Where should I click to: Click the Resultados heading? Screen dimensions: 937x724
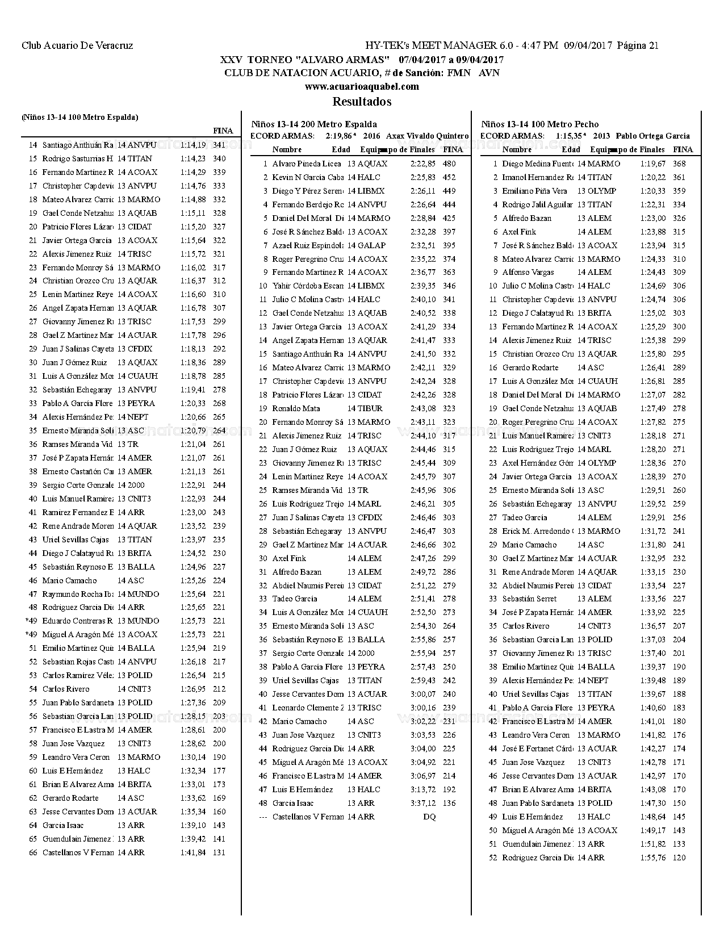[362, 102]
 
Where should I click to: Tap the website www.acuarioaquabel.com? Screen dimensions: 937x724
[362, 86]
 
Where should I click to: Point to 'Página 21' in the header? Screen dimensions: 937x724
[638, 46]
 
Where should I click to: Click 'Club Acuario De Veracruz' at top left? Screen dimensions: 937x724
[77, 46]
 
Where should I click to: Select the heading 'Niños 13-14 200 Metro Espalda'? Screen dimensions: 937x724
[314, 124]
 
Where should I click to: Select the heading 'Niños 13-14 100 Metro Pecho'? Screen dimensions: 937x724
[539, 124]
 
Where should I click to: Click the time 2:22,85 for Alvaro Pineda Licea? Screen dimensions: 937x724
[422, 164]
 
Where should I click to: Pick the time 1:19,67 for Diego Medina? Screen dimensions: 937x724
[652, 164]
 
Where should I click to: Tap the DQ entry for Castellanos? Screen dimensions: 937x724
[429, 817]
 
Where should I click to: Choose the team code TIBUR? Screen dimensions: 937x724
[370, 408]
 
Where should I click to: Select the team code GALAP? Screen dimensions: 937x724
[371, 245]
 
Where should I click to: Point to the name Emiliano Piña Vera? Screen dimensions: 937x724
[534, 191]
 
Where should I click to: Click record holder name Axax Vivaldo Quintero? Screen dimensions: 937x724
[427, 136]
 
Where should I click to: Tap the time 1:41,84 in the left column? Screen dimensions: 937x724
[193, 852]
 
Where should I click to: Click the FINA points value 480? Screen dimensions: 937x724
[449, 164]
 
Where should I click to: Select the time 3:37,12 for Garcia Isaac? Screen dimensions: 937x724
[422, 803]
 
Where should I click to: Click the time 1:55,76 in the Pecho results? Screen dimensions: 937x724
[652, 857]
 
